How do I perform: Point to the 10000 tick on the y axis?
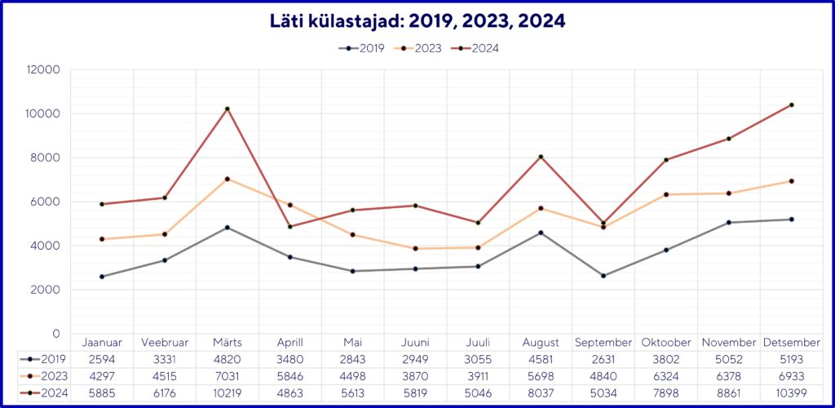(44, 113)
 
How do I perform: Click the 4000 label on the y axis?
(47, 246)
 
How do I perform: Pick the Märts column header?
(228, 343)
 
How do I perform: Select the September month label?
(603, 343)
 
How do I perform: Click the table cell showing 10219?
(228, 393)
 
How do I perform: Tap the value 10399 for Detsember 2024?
(791, 393)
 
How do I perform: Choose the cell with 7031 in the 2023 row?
(228, 376)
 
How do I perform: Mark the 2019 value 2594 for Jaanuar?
(102, 359)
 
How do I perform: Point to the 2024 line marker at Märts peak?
(228, 109)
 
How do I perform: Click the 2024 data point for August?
(541, 157)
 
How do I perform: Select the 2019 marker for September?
(603, 276)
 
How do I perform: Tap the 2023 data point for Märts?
(228, 179)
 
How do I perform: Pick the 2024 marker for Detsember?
(791, 104)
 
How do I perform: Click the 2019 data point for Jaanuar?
(102, 277)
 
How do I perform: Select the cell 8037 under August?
(541, 393)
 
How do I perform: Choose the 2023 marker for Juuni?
(415, 248)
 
